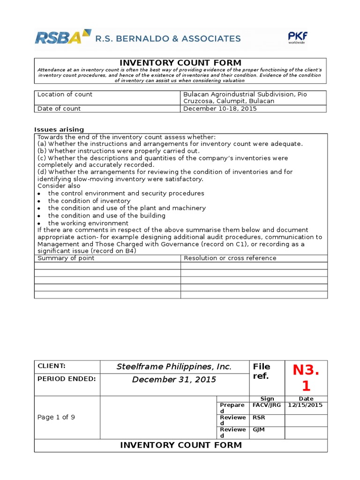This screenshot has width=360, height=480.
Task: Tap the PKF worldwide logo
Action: coord(298,37)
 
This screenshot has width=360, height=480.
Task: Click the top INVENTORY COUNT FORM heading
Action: coord(180,63)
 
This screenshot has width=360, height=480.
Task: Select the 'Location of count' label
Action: coord(65,94)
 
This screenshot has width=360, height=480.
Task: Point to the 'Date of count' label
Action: coord(59,108)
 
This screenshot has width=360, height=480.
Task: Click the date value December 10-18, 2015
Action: coord(220,108)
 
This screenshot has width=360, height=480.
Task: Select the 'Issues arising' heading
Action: coord(59,129)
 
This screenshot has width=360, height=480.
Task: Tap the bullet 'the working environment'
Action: coord(88,223)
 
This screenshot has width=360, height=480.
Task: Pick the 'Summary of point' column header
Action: coord(66,258)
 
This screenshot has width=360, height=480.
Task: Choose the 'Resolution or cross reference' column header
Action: coord(230,258)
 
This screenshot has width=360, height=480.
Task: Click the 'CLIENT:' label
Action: coord(51,366)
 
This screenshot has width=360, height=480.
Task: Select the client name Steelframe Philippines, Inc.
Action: coord(174,367)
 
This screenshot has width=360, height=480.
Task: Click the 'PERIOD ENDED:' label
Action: coord(66,378)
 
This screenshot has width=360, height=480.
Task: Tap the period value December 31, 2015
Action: coord(174,379)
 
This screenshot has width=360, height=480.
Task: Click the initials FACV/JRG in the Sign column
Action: coord(267,405)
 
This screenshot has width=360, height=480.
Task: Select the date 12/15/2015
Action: coord(306,405)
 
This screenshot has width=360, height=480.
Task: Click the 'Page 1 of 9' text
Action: coord(55,417)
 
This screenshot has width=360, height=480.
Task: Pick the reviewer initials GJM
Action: coord(259,429)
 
